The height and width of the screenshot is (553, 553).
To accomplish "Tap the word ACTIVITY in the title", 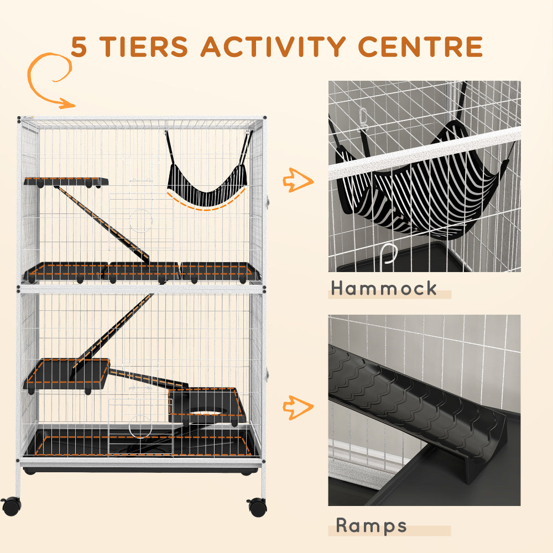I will (x=289, y=47).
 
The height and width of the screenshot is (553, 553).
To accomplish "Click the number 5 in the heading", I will (x=79, y=48).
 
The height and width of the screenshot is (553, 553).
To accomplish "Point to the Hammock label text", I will (x=384, y=288).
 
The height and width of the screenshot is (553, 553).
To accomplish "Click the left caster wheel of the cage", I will (x=11, y=505).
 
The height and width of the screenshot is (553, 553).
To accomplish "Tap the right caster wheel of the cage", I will (x=257, y=507).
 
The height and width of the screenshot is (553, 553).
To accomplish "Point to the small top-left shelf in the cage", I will (x=65, y=181).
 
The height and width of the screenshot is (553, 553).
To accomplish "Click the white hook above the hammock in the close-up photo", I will (x=363, y=119).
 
